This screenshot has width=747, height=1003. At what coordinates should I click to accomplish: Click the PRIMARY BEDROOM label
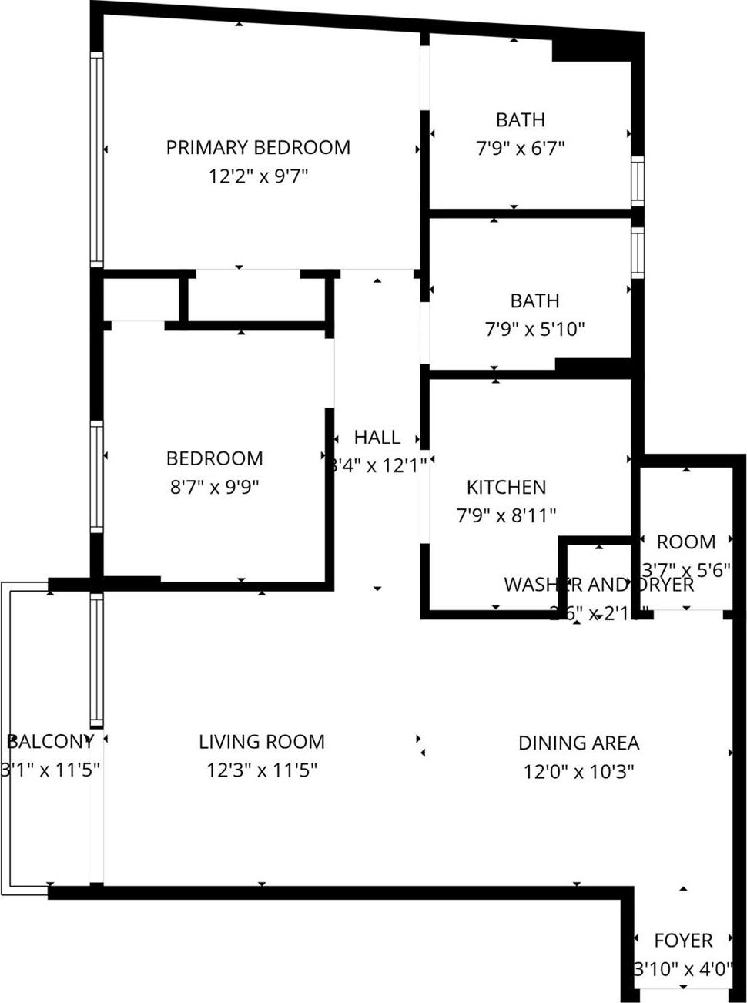click(258, 147)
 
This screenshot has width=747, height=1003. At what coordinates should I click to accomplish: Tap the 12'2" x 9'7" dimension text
click(258, 176)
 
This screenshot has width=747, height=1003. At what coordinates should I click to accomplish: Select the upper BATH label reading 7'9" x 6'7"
click(520, 120)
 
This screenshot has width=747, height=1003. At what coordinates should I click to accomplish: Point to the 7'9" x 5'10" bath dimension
click(534, 330)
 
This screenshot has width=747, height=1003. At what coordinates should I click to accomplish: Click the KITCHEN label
click(506, 487)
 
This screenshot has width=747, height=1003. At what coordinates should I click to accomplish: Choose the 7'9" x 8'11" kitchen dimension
click(506, 515)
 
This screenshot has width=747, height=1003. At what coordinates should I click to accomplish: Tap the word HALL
click(377, 438)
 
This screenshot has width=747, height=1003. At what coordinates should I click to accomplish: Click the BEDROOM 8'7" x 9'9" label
click(214, 458)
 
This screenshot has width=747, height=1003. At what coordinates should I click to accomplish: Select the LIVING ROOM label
click(262, 742)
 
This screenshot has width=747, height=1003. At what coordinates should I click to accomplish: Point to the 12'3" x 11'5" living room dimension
click(262, 770)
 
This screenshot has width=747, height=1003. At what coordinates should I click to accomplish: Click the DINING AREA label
click(578, 743)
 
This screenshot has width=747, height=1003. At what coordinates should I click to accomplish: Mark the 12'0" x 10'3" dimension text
click(578, 771)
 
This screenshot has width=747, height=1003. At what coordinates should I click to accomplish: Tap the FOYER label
click(683, 941)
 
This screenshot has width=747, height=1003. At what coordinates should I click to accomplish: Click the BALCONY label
click(50, 741)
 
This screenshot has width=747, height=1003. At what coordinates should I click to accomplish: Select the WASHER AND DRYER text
click(598, 585)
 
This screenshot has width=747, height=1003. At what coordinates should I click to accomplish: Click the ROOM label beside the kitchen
click(685, 542)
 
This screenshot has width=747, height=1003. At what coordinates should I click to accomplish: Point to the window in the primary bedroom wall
click(96, 159)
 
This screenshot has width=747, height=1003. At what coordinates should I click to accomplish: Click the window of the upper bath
click(637, 181)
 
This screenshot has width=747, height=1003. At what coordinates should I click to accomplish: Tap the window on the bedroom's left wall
click(96, 476)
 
